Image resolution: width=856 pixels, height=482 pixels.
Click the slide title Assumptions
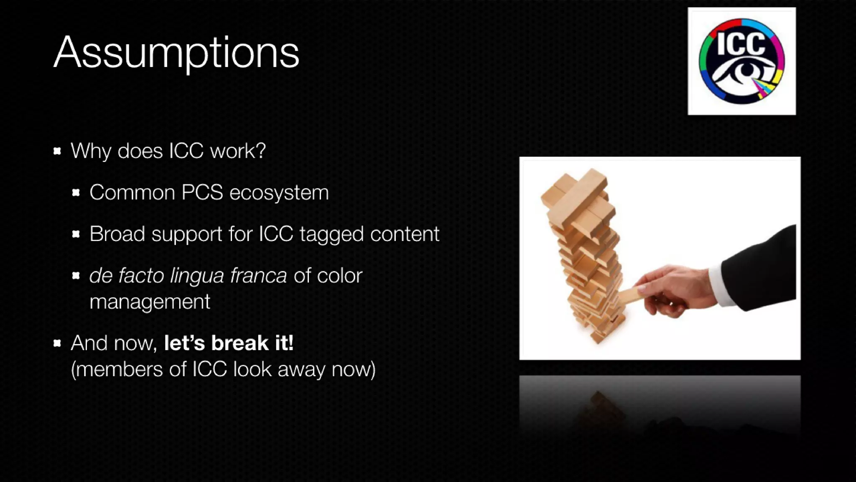click(176, 53)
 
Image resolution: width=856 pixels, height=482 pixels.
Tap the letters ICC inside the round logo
click(741, 44)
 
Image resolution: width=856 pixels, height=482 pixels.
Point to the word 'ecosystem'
click(279, 192)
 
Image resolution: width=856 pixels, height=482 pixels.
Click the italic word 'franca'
click(258, 275)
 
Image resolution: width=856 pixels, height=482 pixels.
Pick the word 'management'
click(150, 302)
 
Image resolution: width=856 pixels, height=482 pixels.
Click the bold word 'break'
click(240, 343)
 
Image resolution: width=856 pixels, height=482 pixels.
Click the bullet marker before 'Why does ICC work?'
click(58, 151)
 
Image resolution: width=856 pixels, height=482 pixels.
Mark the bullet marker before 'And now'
click(58, 344)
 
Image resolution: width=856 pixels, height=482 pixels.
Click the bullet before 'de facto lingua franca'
click(76, 275)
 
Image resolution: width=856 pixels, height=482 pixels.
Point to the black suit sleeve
click(761, 268)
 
